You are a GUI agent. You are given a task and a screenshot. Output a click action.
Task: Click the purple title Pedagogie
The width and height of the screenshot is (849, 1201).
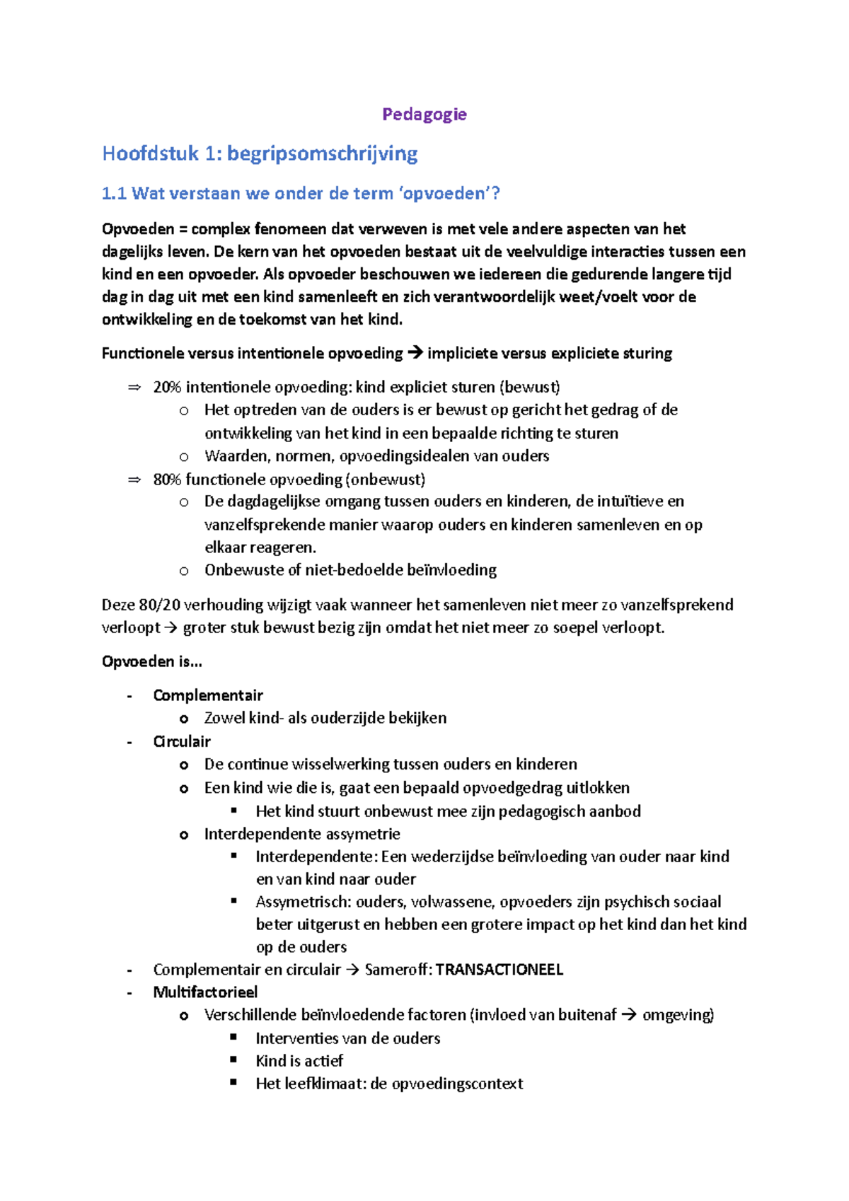click(x=424, y=115)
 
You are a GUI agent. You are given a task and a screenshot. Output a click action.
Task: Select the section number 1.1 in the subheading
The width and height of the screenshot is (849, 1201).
click(x=114, y=194)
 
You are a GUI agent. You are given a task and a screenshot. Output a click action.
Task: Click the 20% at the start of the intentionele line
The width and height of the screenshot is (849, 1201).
click(x=167, y=388)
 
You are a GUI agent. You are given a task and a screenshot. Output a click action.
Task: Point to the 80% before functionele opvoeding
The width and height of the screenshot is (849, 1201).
click(x=167, y=480)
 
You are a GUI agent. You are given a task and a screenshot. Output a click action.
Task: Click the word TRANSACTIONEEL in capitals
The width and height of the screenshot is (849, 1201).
click(x=499, y=970)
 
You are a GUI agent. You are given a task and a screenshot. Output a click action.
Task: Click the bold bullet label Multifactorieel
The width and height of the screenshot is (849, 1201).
click(x=205, y=992)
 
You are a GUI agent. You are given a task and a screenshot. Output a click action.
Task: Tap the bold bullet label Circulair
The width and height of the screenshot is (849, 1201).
click(x=182, y=742)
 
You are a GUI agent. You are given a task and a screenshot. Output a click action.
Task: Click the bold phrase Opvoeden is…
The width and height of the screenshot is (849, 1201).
click(x=151, y=662)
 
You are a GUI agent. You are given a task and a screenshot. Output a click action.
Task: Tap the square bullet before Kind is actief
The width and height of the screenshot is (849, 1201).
click(x=234, y=1060)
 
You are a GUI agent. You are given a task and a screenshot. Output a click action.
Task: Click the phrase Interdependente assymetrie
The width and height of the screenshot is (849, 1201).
click(x=302, y=834)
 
